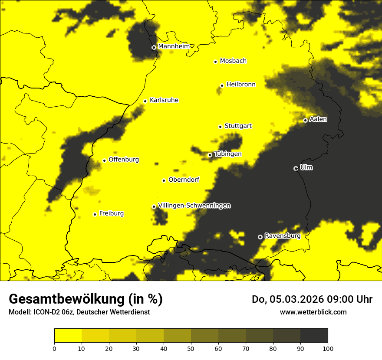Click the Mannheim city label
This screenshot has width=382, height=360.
click(x=174, y=46)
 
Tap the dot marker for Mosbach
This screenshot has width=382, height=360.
click(x=215, y=62)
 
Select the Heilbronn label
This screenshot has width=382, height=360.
click(x=241, y=85)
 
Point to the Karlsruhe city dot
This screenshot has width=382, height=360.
click(x=145, y=101)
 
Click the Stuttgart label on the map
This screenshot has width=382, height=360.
click(x=238, y=126)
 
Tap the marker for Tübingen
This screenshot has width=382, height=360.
click(x=210, y=155)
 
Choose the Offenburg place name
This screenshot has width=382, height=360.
click(x=124, y=160)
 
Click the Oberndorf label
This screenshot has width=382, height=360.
click(x=184, y=180)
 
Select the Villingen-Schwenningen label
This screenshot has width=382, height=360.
click(x=194, y=206)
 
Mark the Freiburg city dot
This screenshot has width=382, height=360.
click(x=95, y=214)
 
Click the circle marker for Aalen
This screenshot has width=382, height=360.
click(x=305, y=120)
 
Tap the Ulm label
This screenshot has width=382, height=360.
click(x=306, y=167)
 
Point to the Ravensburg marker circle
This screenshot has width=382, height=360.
click(x=260, y=237)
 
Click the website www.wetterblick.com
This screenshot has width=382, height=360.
click(x=313, y=312)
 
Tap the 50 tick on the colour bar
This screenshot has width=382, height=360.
click(x=191, y=348)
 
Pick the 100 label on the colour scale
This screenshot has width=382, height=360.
click(x=328, y=348)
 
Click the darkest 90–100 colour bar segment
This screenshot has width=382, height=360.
click(x=314, y=335)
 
